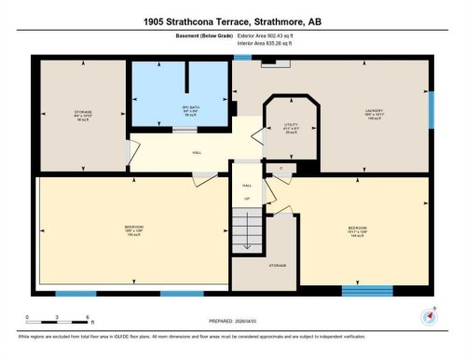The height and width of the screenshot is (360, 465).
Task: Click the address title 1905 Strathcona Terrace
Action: pos(232,21)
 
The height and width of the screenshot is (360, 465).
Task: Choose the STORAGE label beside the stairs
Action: pos(278,265)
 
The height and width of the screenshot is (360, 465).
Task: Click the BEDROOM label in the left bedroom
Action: pos(134,228)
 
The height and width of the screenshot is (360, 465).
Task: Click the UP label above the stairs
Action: pos(247,199)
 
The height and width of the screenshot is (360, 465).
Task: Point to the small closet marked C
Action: pos(281,168)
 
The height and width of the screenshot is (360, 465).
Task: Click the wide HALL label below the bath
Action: pos(197,152)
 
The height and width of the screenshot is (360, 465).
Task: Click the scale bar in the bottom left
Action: pos(58,318)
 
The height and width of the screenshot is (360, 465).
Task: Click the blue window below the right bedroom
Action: pos(366,291)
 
